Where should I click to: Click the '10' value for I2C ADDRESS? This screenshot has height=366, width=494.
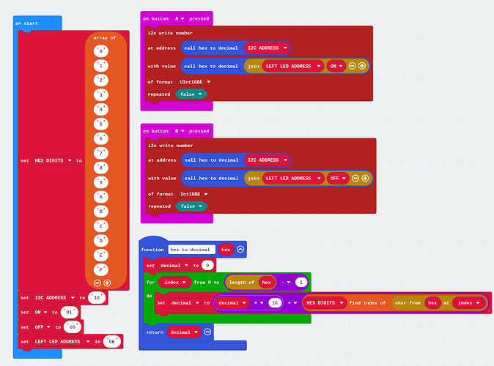click(96, 298)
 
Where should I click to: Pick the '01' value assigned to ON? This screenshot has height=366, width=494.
click(71, 312)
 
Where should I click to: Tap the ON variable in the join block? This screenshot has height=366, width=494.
click(336, 66)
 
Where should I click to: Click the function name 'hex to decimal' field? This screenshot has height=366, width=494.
click(192, 250)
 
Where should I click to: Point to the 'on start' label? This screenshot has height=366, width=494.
click(27, 23)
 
